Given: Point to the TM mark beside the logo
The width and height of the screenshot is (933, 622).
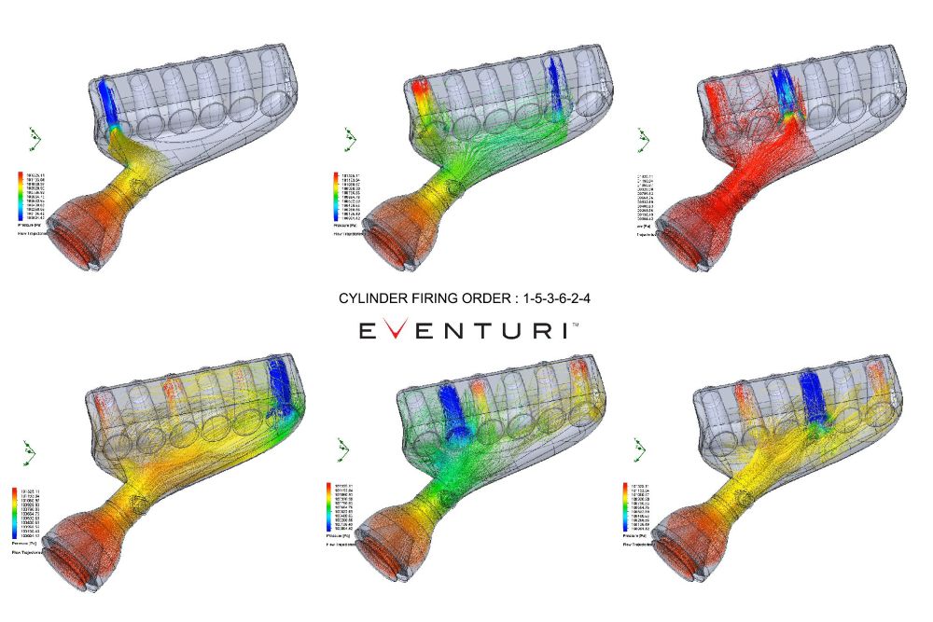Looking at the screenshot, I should coord(574,325).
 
